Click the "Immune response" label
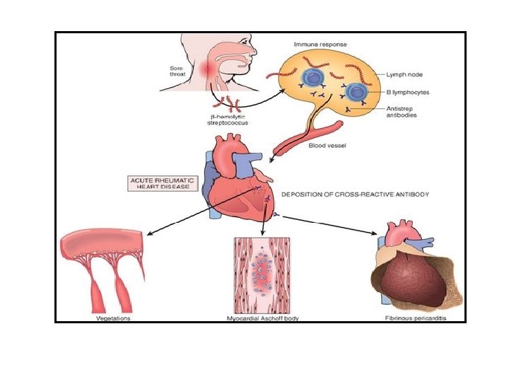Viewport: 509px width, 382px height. (316, 44)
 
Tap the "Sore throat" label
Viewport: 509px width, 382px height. (172, 71)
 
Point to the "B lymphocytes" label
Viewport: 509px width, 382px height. (408, 93)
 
